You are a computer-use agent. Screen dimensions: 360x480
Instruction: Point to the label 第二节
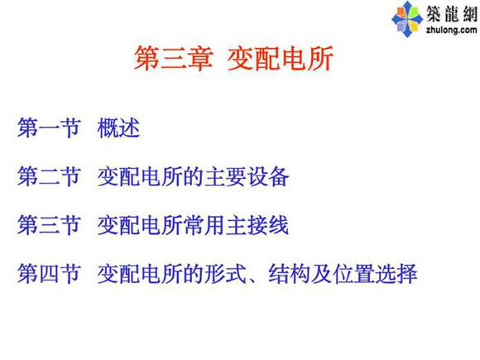click(49, 177)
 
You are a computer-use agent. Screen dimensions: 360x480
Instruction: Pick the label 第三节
click(49, 224)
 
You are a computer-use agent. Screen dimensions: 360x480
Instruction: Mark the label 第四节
click(49, 272)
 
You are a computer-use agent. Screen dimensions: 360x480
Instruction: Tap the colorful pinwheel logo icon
click(406, 16)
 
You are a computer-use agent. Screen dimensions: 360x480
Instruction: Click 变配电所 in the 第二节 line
click(140, 177)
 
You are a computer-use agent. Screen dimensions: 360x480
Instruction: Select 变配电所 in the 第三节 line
click(140, 224)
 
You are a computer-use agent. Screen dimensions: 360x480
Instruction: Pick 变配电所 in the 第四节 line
click(140, 272)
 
